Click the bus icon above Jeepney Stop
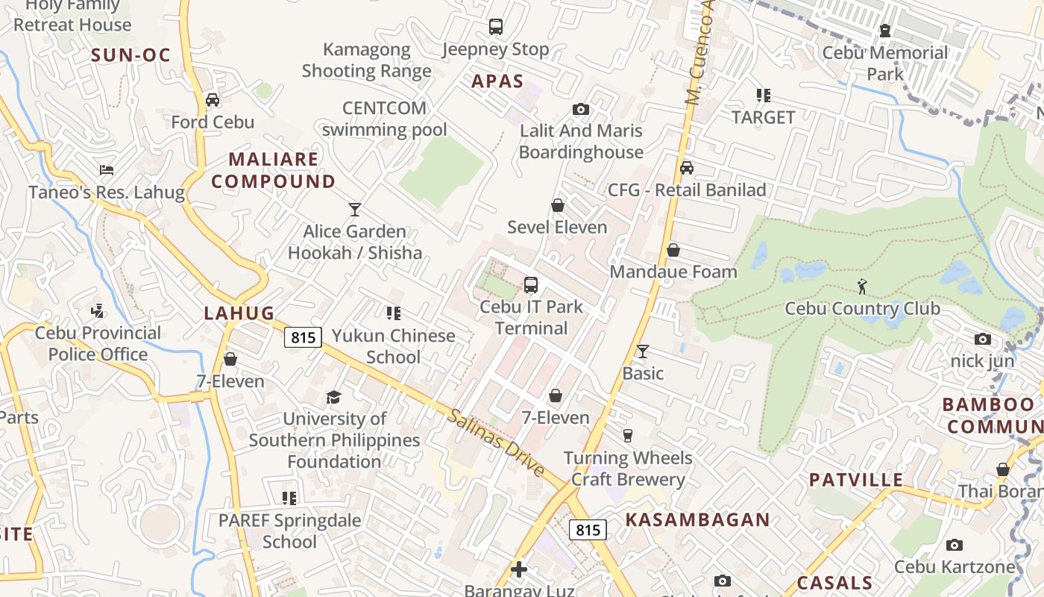pos(496,28)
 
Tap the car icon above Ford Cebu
pos(213,100)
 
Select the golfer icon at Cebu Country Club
pos(862,286)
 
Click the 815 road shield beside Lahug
pos(303,337)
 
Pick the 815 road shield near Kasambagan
pos(588,530)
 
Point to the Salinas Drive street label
pos(496,443)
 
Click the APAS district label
pos(497,81)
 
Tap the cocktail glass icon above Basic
pos(642,351)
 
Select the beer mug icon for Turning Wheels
pos(628,436)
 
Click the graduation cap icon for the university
pos(333,397)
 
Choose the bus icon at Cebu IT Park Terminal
pos(531,284)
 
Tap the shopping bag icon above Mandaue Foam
pos(673,250)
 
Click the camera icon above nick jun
pos(983,340)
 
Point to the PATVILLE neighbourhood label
pos(856,480)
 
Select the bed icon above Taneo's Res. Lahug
pos(107,170)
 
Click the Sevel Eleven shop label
pos(557,227)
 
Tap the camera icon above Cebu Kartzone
pos(954,546)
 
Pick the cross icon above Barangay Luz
pos(519,570)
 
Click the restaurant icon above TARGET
pos(763,96)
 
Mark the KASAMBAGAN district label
pos(697,520)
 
